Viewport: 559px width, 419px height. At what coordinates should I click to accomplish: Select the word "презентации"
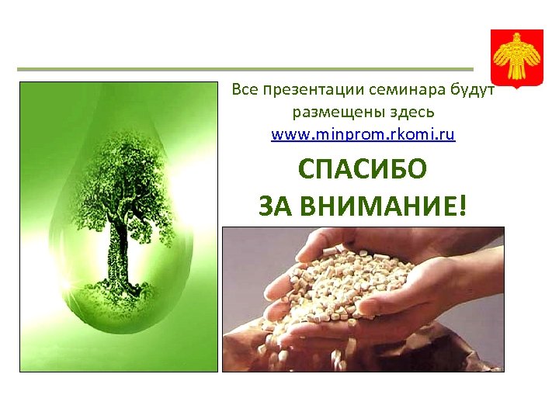click(x=304, y=90)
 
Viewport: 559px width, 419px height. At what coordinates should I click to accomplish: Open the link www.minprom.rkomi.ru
click(x=363, y=134)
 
